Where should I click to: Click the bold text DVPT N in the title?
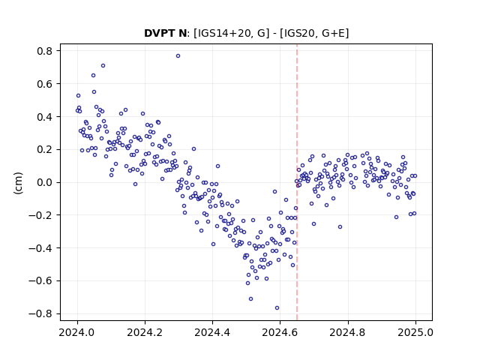[x=165, y=33]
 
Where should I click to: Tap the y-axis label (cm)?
[x=18, y=183]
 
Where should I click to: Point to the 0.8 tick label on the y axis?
[x=44, y=51]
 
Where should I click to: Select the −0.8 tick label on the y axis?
[x=40, y=313]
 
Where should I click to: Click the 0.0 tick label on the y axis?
[x=44, y=182]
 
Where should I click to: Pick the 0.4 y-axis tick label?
[x=44, y=117]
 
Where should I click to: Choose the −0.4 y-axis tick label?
[x=40, y=248]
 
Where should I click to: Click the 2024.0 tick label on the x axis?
[x=77, y=332]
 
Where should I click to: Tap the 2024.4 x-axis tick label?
[x=212, y=332]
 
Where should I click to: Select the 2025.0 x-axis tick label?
[x=415, y=332]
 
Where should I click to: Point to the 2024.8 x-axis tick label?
[x=348, y=332]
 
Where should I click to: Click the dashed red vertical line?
[x=297, y=182]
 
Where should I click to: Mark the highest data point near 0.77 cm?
[x=178, y=56]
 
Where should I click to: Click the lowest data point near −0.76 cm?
[x=277, y=308]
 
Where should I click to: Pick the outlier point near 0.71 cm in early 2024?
[x=103, y=66]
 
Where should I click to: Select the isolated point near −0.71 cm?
[x=250, y=298]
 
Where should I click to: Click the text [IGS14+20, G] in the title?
[x=232, y=33]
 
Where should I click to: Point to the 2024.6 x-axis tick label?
[x=280, y=332]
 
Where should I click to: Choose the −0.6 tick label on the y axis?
[x=40, y=280]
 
